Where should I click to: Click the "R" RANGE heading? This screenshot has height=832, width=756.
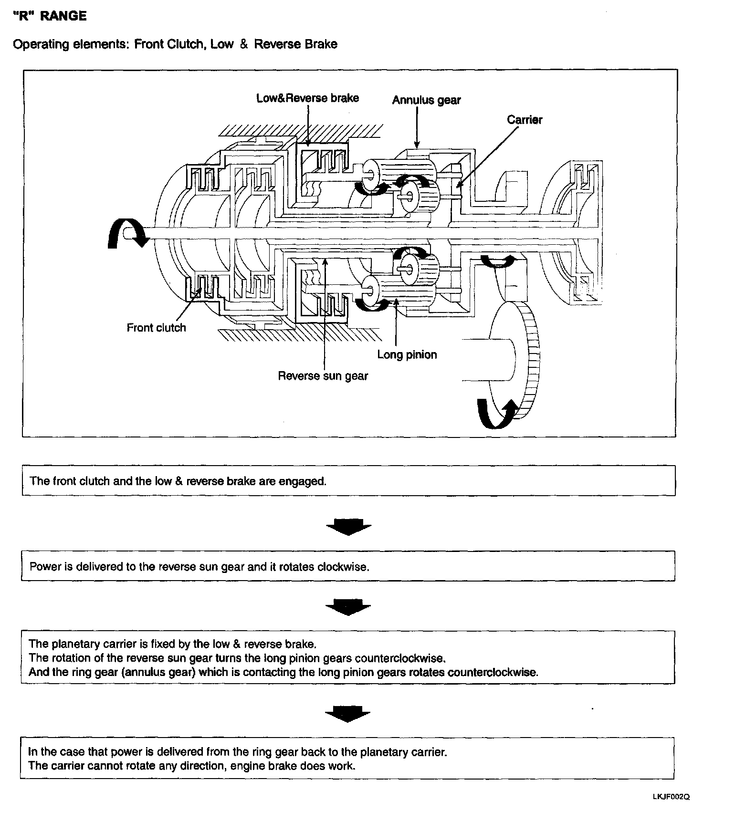(x=50, y=16)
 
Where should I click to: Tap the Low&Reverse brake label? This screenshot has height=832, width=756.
(x=307, y=98)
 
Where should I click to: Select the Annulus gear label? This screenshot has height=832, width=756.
(x=426, y=100)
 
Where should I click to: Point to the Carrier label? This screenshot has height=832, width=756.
(x=525, y=120)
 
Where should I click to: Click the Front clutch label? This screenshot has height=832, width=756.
(x=156, y=328)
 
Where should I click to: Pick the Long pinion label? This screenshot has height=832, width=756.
(x=407, y=355)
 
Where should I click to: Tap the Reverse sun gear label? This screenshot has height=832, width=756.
(x=323, y=376)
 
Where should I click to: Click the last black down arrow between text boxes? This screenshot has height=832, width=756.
(x=347, y=714)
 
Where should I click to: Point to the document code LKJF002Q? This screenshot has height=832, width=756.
(x=671, y=797)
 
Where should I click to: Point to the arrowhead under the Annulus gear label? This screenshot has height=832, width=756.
(x=417, y=144)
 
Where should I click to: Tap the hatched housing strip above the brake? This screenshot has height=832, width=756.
(x=301, y=130)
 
